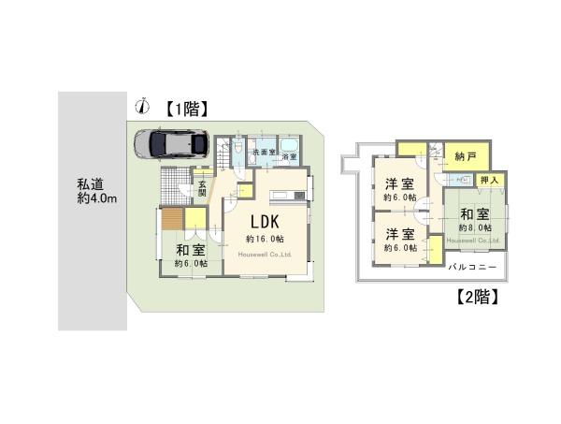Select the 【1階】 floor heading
coord(185,108)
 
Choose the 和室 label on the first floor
coord(190,250)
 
